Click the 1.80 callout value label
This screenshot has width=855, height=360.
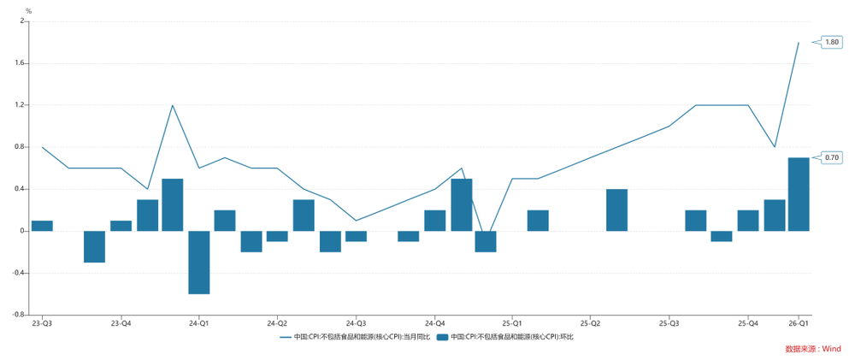pyautogui.click(x=832, y=42)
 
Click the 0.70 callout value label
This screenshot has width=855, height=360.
pyautogui.click(x=832, y=157)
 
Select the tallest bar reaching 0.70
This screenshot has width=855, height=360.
pyautogui.click(x=799, y=194)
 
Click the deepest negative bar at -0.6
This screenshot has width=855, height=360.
pyautogui.click(x=199, y=262)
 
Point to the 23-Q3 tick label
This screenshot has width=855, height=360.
pyautogui.click(x=42, y=323)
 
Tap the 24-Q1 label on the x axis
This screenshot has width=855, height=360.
pyautogui.click(x=199, y=323)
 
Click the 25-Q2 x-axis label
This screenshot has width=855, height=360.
pyautogui.click(x=591, y=323)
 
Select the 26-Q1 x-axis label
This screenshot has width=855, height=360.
pyautogui.click(x=799, y=323)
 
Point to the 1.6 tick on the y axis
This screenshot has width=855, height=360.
pyautogui.click(x=21, y=63)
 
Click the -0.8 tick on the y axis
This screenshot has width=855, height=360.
pyautogui.click(x=19, y=315)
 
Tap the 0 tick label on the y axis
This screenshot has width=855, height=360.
pyautogui.click(x=23, y=231)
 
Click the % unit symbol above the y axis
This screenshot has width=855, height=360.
pyautogui.click(x=28, y=11)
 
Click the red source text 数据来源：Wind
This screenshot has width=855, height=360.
pyautogui.click(x=813, y=349)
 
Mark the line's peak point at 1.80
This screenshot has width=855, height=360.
pyautogui.click(x=799, y=42)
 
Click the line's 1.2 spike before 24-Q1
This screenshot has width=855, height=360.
pyautogui.click(x=173, y=105)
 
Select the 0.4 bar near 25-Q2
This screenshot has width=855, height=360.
pyautogui.click(x=616, y=210)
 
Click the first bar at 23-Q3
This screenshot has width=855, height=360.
pyautogui.click(x=42, y=226)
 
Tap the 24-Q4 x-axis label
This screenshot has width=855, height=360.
pyautogui.click(x=434, y=323)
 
